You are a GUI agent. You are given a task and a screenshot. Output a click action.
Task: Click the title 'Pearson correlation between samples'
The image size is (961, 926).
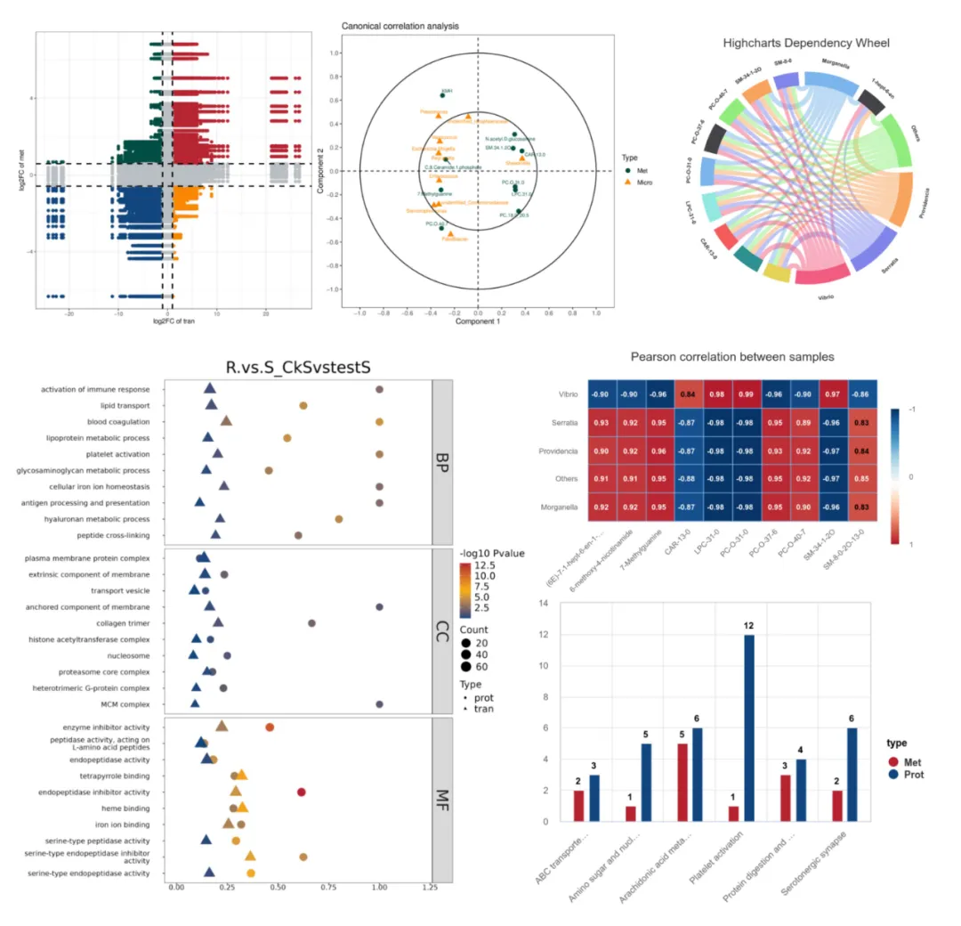[731, 356]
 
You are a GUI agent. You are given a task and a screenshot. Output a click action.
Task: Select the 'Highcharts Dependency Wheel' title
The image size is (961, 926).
[806, 43]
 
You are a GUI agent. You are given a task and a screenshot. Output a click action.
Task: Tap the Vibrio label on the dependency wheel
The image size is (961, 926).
[820, 296]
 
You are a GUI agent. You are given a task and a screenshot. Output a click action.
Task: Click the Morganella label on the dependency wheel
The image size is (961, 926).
[818, 64]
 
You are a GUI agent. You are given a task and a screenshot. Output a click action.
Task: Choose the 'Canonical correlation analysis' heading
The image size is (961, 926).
[400, 26]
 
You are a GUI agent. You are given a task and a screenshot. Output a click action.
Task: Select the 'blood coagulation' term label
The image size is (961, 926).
[118, 421]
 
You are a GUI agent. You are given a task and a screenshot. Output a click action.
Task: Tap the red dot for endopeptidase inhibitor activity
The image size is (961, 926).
[302, 792]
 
